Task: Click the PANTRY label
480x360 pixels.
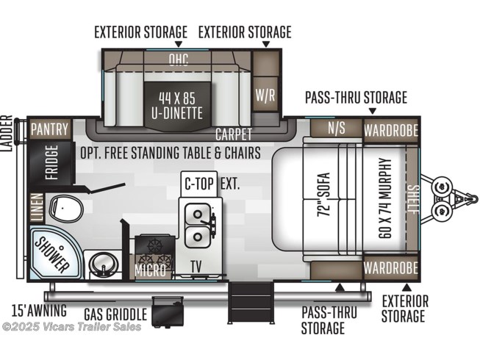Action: (x=49, y=129)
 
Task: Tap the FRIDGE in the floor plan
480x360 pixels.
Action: (x=51, y=162)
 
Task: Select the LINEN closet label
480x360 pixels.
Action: (x=37, y=207)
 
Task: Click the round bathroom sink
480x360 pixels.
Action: (x=103, y=263)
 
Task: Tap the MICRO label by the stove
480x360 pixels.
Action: (x=150, y=270)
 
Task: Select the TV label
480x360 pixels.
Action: (x=196, y=267)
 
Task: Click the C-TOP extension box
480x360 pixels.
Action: (x=199, y=184)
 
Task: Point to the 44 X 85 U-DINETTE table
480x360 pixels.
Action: (x=177, y=105)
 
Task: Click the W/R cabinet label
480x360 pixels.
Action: (x=265, y=95)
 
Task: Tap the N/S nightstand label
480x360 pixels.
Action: (x=337, y=128)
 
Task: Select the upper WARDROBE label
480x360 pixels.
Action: (x=391, y=131)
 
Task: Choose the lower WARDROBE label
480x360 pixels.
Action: (x=391, y=268)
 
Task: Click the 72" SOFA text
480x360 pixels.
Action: (x=324, y=195)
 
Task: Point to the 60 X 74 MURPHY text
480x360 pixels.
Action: (x=385, y=198)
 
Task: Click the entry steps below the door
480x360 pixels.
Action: (x=250, y=302)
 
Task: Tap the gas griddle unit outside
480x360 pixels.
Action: (x=168, y=311)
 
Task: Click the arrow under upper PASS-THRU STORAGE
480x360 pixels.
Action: (x=372, y=112)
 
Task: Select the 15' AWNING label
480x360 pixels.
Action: (x=39, y=311)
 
